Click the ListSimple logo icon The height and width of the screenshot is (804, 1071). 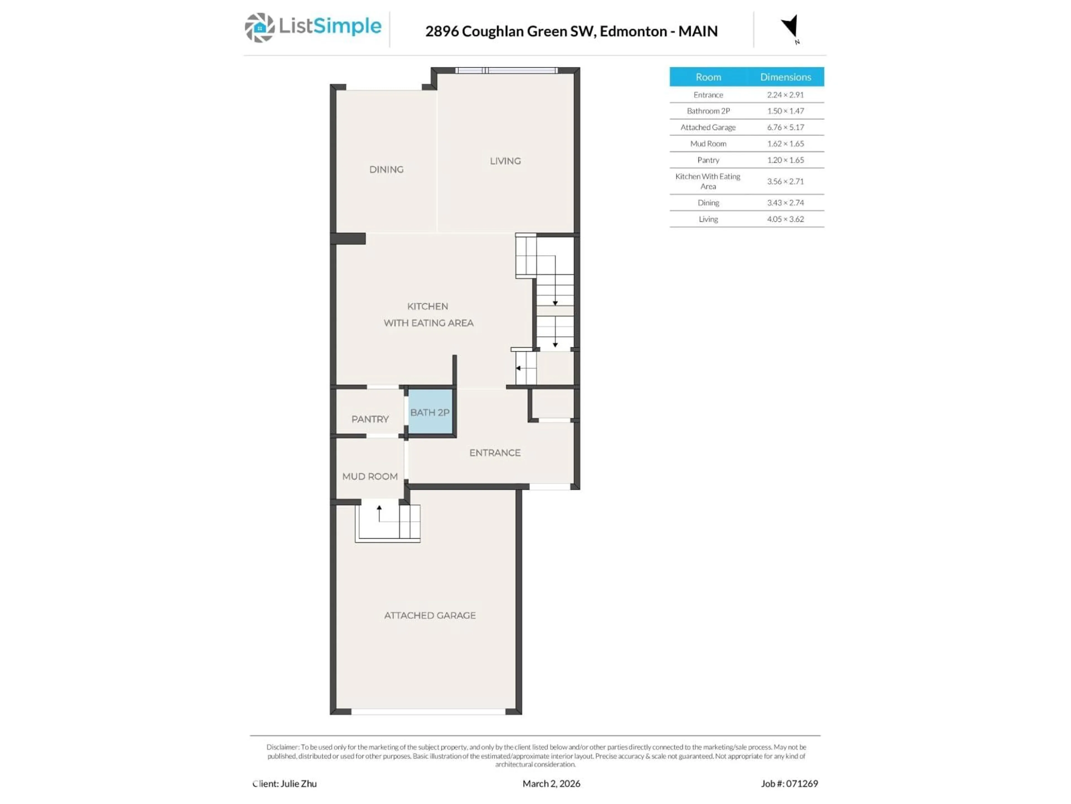[x=259, y=28]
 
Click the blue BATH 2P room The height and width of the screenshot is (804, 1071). [x=430, y=412]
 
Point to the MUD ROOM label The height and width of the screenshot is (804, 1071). [x=370, y=476]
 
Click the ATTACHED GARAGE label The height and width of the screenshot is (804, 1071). [x=430, y=615]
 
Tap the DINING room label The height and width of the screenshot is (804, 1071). [x=386, y=169]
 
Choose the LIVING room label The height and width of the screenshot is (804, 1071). [x=505, y=161]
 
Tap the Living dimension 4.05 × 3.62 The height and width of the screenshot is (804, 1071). [x=785, y=219]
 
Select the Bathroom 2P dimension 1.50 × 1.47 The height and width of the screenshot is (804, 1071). [x=785, y=111]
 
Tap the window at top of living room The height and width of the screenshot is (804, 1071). [x=506, y=71]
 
